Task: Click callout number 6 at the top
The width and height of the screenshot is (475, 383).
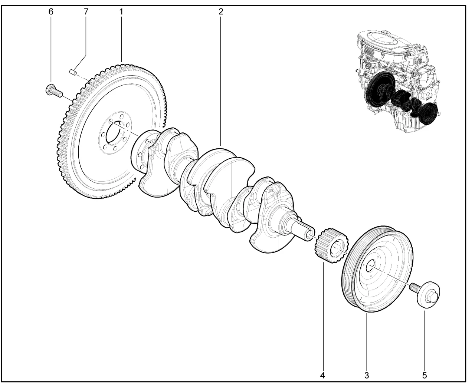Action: coord(51,11)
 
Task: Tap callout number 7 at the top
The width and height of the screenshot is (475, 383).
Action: coord(86,11)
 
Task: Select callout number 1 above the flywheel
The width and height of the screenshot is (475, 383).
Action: coord(121,11)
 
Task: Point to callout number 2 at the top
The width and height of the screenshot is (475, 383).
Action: coord(221,11)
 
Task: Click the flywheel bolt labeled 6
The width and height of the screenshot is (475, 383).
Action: coord(54,91)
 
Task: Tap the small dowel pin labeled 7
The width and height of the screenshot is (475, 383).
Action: coord(72,72)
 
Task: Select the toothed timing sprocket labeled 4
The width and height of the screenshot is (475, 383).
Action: coord(331,246)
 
